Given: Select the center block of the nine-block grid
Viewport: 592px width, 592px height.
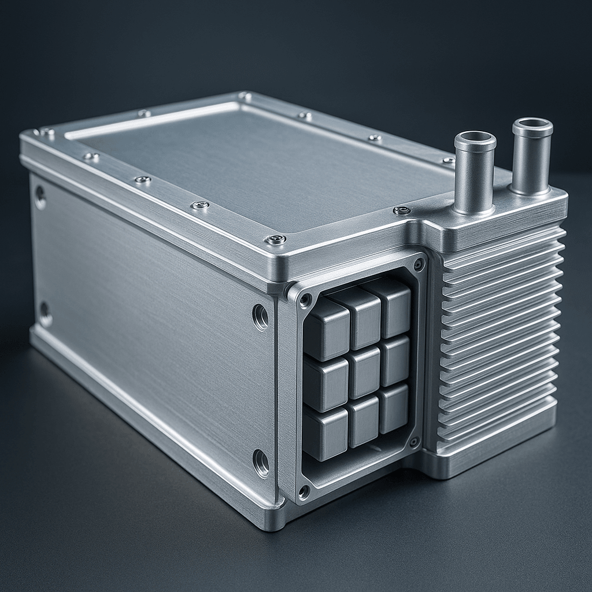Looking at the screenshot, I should (364, 372).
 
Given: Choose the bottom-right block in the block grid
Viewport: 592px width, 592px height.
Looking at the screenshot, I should (394, 408).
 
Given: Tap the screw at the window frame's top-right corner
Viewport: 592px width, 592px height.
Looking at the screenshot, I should (419, 264).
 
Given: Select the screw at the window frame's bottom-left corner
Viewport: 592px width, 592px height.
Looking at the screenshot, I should (304, 492).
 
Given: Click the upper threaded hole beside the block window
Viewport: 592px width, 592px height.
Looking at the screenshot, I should (260, 316).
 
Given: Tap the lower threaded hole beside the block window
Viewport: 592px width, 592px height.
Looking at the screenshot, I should (260, 462).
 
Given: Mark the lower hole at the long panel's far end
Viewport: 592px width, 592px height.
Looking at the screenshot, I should (45, 313).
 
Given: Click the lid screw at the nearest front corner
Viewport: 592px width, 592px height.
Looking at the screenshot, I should (275, 239).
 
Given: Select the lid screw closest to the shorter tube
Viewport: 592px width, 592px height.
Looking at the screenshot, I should (402, 210).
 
